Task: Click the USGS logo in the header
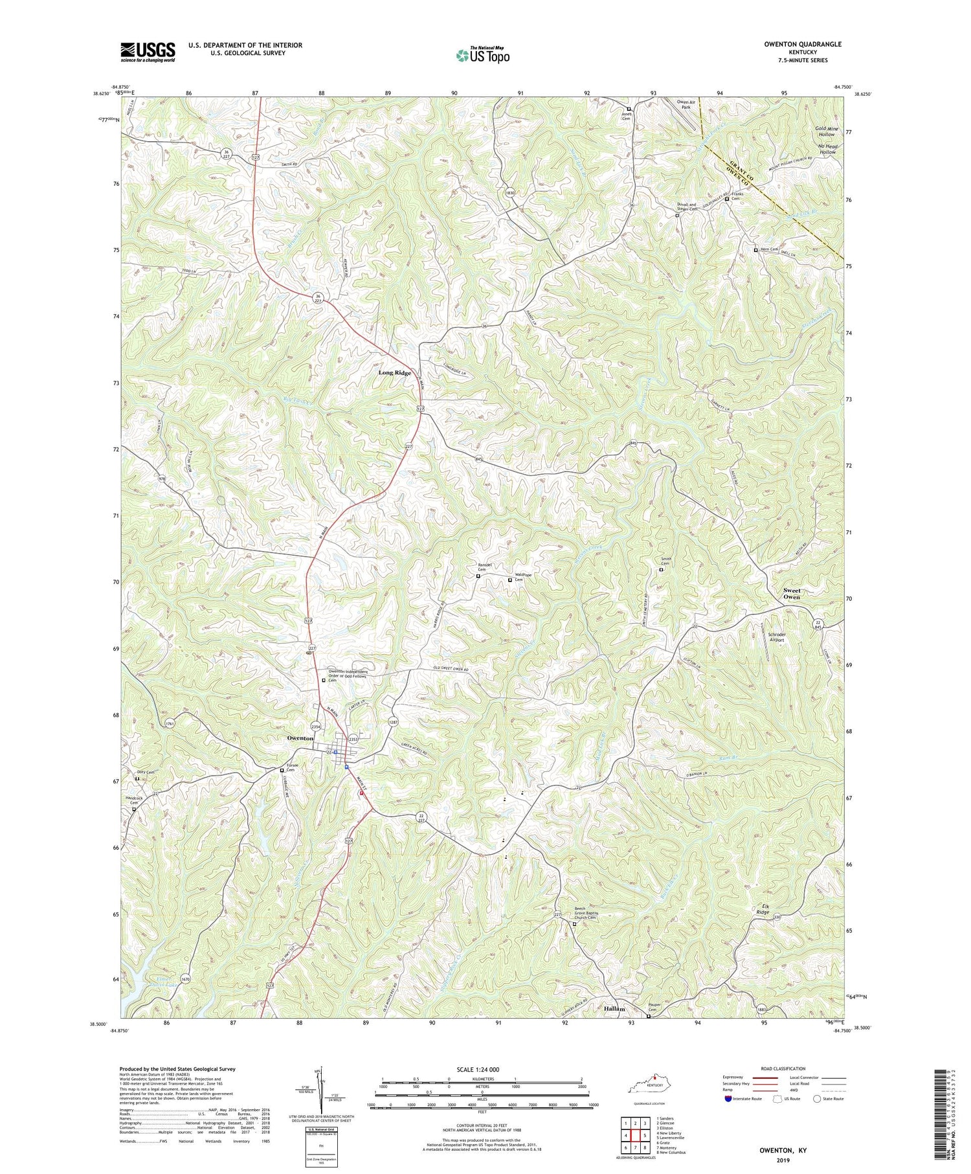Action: click(x=148, y=52)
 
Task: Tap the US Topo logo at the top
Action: click(x=482, y=55)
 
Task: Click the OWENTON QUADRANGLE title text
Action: click(x=803, y=44)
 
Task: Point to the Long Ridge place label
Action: click(x=395, y=373)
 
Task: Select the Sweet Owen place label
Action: click(x=791, y=593)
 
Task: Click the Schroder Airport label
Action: click(x=776, y=637)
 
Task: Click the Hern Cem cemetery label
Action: click(x=770, y=249)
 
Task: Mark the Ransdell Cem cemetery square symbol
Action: click(x=478, y=576)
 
